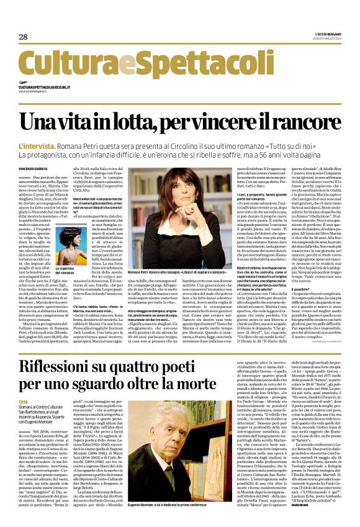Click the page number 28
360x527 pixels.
[x=24, y=37]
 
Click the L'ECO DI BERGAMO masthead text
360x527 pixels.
[x=322, y=34]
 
